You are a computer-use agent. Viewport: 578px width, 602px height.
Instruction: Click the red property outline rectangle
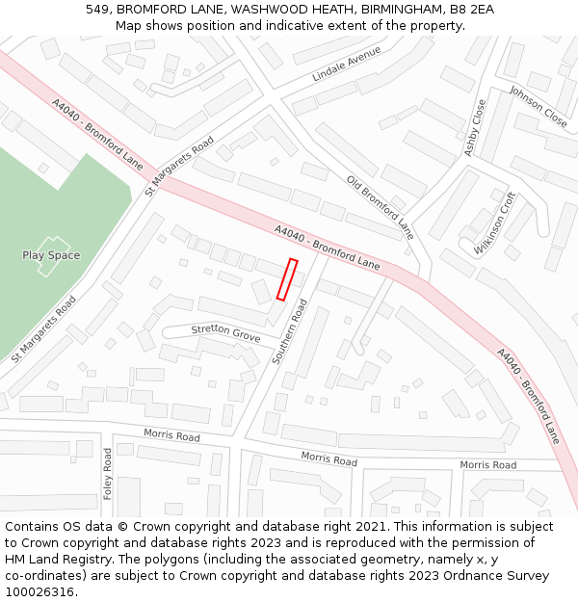tap(287, 279)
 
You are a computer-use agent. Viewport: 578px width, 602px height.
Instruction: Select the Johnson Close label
tap(539, 106)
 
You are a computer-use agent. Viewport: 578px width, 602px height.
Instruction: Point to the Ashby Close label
tap(475, 128)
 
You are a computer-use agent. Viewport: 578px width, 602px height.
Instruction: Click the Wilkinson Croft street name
tap(495, 222)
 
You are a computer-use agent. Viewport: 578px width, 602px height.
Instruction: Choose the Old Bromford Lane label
tap(380, 207)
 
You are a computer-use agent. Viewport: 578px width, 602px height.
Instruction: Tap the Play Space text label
tap(51, 255)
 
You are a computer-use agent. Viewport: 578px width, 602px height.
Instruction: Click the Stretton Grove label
tap(225, 333)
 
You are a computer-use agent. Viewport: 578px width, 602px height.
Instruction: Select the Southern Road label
tap(288, 331)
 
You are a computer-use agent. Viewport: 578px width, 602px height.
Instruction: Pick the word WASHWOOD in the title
tap(264, 10)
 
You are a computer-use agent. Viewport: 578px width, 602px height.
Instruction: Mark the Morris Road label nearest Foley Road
tap(171, 436)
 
